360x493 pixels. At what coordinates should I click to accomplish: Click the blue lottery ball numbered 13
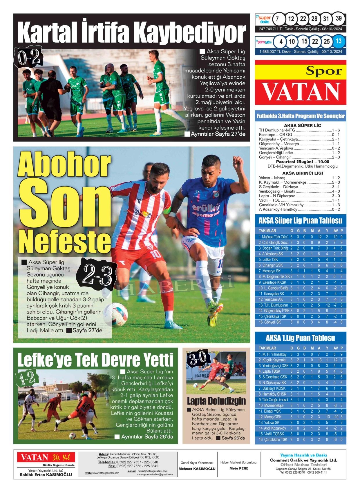[339, 41]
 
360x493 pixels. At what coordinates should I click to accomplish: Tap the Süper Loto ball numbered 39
[339, 18]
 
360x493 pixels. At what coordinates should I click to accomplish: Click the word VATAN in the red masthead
[301, 91]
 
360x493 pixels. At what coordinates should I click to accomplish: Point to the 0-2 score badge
[28, 58]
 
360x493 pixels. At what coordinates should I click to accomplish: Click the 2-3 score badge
[96, 275]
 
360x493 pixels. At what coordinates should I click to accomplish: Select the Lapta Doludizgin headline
[216, 401]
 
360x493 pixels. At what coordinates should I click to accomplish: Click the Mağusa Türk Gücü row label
[273, 237]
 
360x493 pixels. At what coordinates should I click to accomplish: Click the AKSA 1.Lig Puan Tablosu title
[300, 338]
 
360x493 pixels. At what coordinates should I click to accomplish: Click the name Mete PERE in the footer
[239, 468]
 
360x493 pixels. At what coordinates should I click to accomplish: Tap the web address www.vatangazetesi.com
[106, 473]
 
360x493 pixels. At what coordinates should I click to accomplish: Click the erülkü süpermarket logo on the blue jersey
[206, 210]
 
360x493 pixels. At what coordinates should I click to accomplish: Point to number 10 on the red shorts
[156, 254]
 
